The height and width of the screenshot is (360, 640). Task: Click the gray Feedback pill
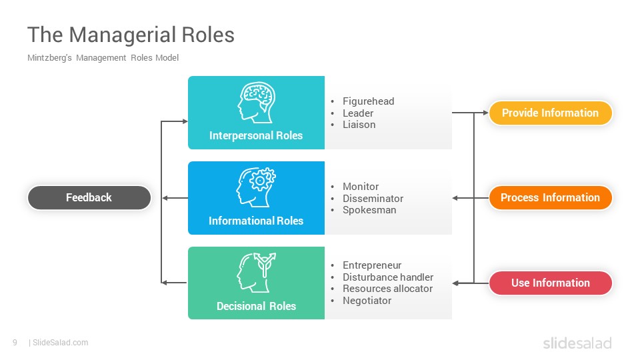point(89,198)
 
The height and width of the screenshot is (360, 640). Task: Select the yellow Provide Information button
point(550,113)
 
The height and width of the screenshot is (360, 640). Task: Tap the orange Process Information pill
point(550,198)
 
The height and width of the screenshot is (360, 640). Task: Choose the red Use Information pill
point(550,283)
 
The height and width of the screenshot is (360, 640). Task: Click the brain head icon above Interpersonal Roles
point(256,103)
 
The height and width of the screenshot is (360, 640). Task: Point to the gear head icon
point(256,187)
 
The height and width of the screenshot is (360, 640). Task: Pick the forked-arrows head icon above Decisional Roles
point(256,272)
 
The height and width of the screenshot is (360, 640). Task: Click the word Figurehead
point(368,101)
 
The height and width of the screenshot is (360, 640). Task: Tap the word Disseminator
point(373,199)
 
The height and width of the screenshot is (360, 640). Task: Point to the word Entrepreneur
point(372,265)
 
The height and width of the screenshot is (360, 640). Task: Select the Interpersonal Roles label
point(256,135)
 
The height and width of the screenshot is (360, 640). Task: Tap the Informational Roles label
point(256,221)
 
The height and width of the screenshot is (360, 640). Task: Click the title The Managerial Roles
point(131,35)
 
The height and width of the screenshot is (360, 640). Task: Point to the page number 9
point(15,343)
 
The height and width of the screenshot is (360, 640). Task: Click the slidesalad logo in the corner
point(577,343)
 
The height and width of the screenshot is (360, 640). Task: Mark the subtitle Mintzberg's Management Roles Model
point(103,58)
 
